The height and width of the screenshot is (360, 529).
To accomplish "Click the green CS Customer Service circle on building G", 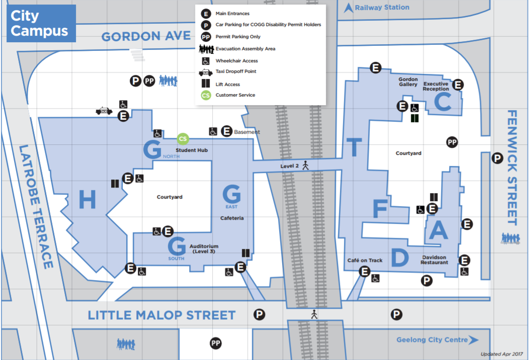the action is point(183,139).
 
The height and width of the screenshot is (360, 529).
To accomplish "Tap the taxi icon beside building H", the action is point(104,111).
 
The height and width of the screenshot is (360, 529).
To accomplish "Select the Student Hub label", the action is point(192,150).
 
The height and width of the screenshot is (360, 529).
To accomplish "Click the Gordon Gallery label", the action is point(408,81).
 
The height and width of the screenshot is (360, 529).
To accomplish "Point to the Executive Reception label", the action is point(436,86).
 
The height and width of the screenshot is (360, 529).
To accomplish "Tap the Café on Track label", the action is point(365,260).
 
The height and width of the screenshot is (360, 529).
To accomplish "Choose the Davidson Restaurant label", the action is point(434,260).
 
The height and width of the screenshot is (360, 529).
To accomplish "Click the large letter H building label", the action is point(87,200).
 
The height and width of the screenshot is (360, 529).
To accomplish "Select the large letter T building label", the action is point(354,147).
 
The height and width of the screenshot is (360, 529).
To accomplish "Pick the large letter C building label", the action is point(443,102).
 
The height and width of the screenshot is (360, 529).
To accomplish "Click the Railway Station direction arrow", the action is point(348,8).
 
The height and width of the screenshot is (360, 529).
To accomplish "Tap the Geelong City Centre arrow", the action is point(473,340).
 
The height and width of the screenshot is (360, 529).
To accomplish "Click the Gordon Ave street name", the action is point(146,36).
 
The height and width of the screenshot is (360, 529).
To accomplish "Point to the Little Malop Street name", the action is point(161,315).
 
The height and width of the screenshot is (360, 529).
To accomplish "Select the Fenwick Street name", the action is point(512,167).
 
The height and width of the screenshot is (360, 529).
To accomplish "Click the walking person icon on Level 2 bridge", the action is point(306,165).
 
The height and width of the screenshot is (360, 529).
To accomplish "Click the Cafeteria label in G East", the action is point(232,218).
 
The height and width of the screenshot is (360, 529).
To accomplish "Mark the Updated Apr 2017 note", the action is point(502,354).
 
